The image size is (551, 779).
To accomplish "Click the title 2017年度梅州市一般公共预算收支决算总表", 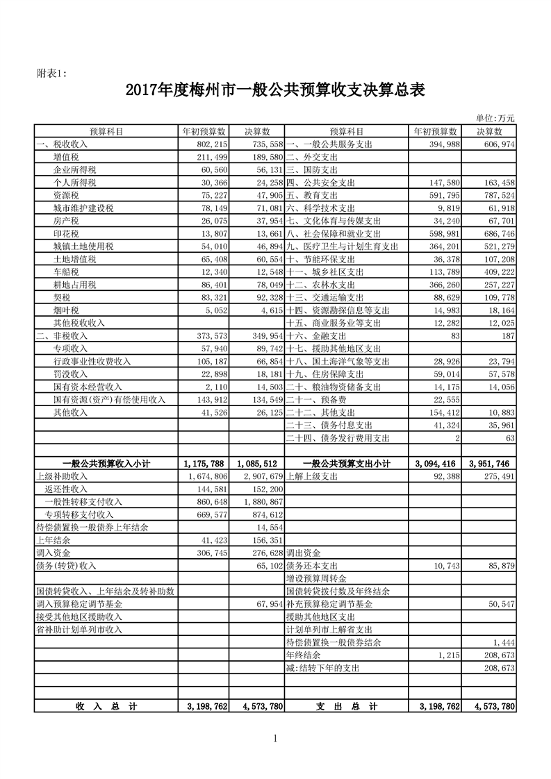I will pos(275,90).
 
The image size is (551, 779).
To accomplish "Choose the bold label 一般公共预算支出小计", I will pos(346,463).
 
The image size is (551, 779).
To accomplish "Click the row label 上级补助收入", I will pos(61,476).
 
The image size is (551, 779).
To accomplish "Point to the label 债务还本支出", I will pos(311,566).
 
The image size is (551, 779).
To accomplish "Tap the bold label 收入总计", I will pos(106,706).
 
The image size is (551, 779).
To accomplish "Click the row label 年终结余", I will pos(302,655).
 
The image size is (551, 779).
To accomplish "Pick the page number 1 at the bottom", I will pos(275,737).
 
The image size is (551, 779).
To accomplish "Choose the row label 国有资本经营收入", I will pos(88,387).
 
